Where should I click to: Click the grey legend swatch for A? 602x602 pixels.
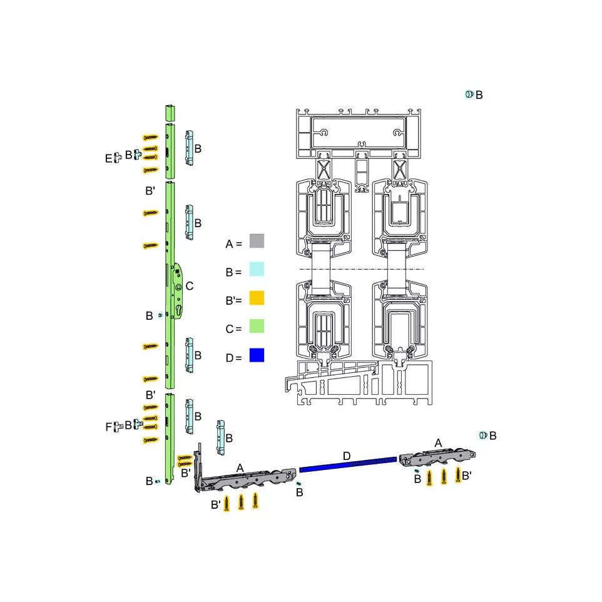(257, 241)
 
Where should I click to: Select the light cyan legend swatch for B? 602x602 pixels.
(257, 269)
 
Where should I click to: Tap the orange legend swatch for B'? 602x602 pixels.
(257, 298)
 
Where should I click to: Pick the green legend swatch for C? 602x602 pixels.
(257, 326)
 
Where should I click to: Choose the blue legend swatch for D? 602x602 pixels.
(257, 355)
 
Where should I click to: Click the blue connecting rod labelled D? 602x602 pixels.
(348, 464)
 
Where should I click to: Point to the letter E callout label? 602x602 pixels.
(109, 158)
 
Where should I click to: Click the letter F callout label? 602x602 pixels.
(109, 427)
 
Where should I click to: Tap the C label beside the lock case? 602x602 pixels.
(189, 286)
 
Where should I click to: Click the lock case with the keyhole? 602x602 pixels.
(178, 290)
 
